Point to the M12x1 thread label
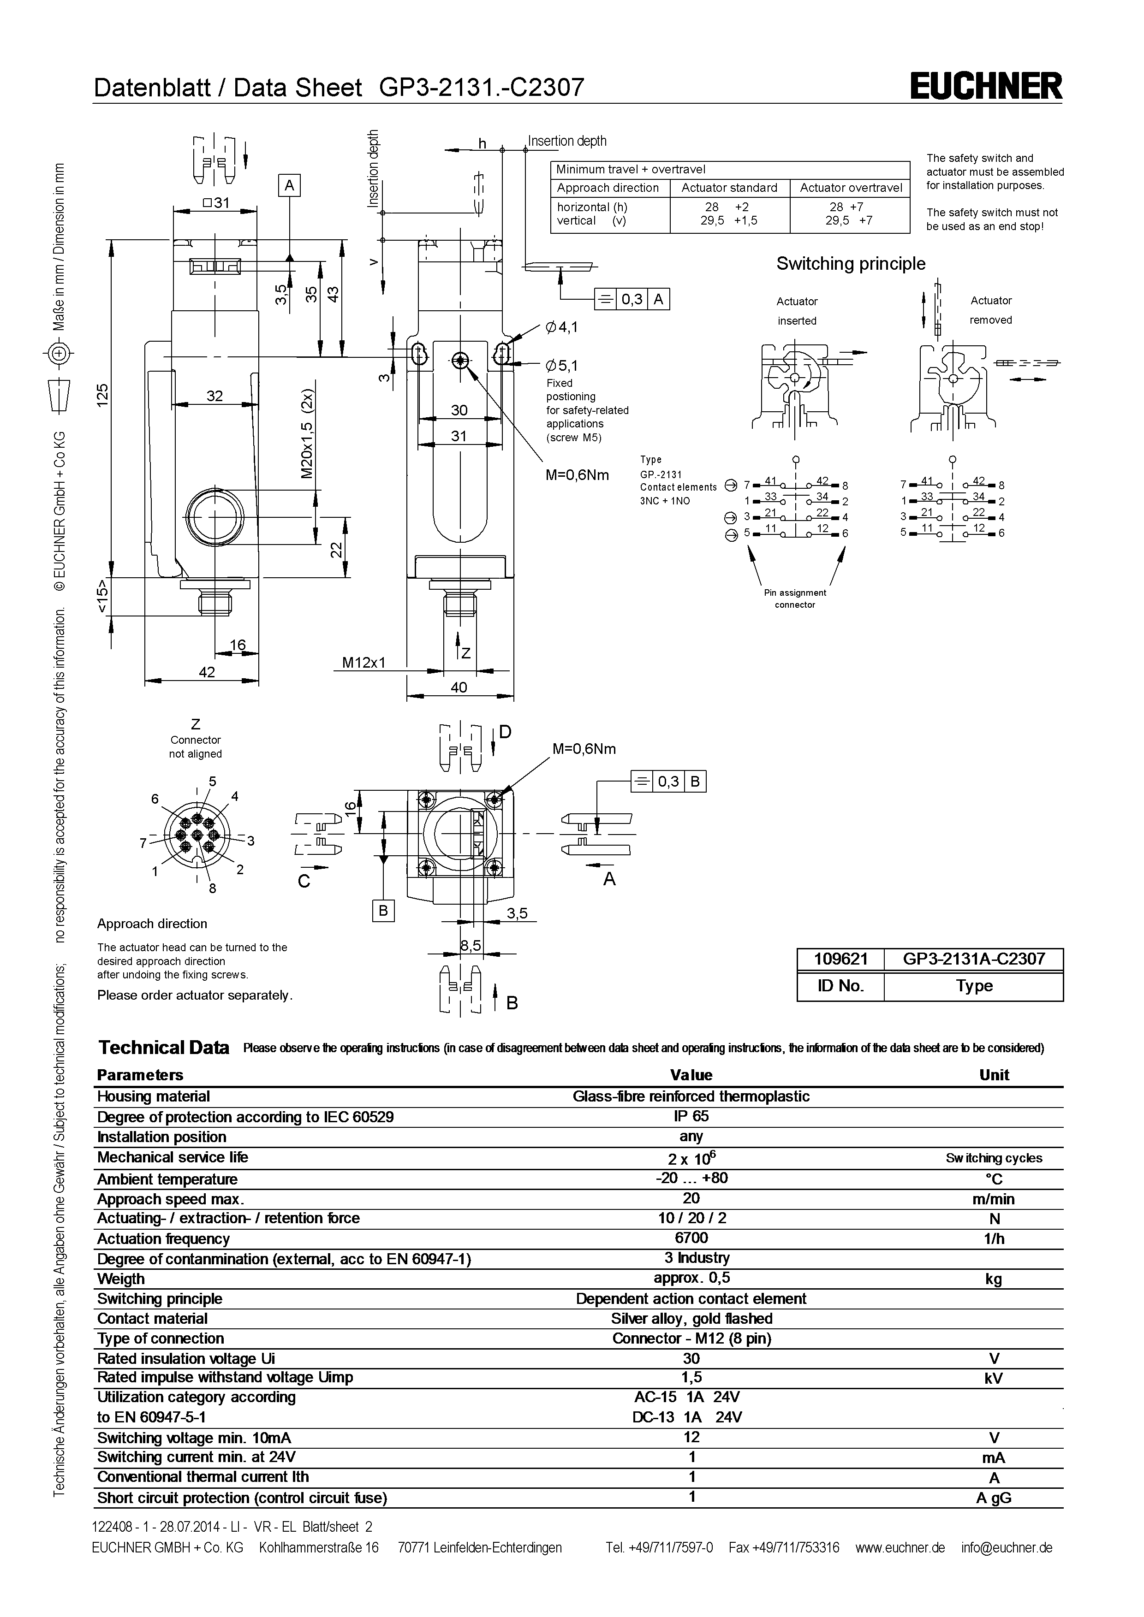pyautogui.click(x=363, y=663)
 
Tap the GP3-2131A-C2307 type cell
pyautogui.click(x=973, y=959)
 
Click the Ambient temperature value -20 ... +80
pyautogui.click(x=691, y=1178)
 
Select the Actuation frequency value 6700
pyautogui.click(x=691, y=1238)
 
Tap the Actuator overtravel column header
pyautogui.click(x=850, y=188)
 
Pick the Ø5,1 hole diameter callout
pyautogui.click(x=561, y=366)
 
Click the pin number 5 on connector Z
pyautogui.click(x=212, y=781)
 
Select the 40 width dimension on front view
pyautogui.click(x=459, y=687)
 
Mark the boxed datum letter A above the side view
pyautogui.click(x=289, y=185)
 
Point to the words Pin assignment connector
pyautogui.click(x=795, y=598)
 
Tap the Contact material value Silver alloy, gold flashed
pyautogui.click(x=691, y=1318)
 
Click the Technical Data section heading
pyautogui.click(x=163, y=1048)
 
